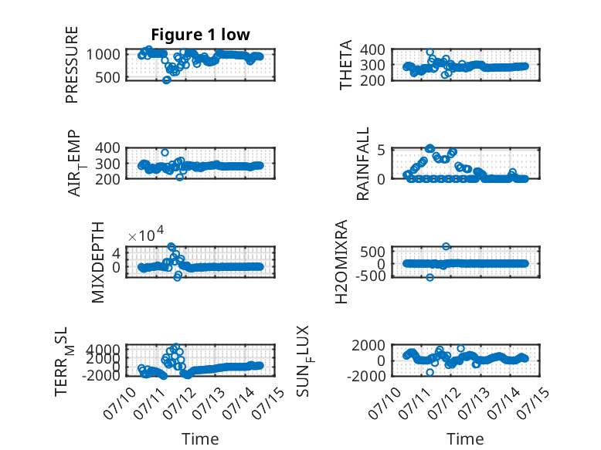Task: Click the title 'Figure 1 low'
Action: (x=200, y=35)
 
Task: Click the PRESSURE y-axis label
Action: (x=72, y=65)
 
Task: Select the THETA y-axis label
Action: (x=345, y=65)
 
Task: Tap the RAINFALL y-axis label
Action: (x=362, y=164)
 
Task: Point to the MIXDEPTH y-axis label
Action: (x=98, y=262)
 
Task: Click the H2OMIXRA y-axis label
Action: (x=341, y=262)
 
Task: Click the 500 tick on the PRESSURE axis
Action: (x=107, y=77)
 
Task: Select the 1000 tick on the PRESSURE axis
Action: (x=103, y=54)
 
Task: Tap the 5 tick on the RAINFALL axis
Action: (x=381, y=150)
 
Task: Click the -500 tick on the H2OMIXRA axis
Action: (x=371, y=276)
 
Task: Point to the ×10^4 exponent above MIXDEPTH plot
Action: (x=146, y=234)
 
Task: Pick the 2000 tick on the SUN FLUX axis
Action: (x=368, y=346)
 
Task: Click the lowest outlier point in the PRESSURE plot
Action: (x=166, y=80)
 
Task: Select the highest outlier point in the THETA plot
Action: (x=430, y=52)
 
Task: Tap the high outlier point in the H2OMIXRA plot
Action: (x=446, y=246)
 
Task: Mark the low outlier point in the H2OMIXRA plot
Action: (x=430, y=277)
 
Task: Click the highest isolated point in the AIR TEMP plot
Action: (x=165, y=152)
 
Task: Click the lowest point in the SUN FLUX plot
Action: (x=430, y=372)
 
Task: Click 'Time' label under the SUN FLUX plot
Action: (x=465, y=439)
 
